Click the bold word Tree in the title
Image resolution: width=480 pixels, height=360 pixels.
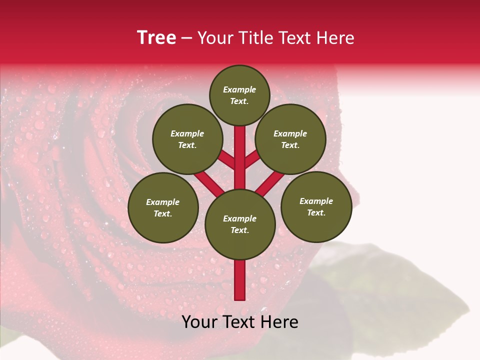[156, 38]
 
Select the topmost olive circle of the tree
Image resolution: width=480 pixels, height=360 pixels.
[239, 95]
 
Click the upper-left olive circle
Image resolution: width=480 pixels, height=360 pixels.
[187, 139]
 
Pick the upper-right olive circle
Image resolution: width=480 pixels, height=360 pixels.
[290, 139]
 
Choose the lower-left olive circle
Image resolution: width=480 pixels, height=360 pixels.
[163, 207]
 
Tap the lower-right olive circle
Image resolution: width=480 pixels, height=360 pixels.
[316, 206]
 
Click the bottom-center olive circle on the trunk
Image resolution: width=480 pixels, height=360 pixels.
[240, 224]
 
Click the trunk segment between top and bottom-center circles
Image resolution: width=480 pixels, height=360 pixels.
[240, 157]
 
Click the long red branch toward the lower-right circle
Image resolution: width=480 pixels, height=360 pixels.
[270, 183]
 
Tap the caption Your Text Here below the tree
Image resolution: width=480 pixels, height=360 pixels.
[240, 322]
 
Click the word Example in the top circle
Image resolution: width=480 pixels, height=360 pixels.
[239, 89]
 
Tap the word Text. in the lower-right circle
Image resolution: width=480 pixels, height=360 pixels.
[316, 212]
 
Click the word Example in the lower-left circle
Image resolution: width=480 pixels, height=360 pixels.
[162, 202]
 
